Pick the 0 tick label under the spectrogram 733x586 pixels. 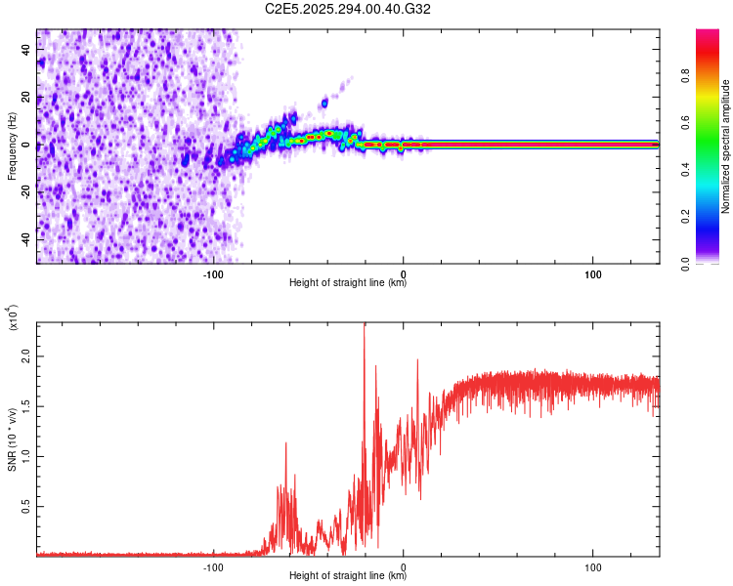[x=404, y=274]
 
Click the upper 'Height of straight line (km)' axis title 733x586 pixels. [x=348, y=284]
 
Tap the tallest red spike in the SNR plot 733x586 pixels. [x=365, y=327]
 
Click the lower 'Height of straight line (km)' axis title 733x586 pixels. [x=348, y=576]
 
